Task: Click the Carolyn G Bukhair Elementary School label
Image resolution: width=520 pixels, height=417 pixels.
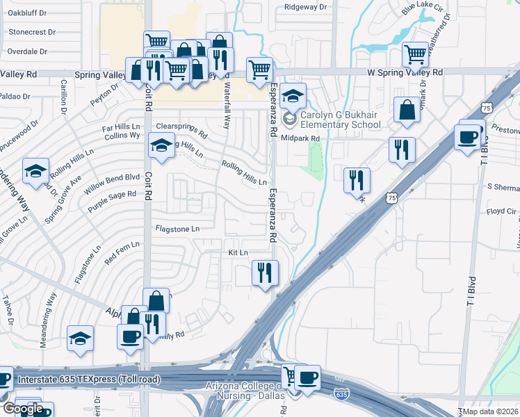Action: (x=341, y=120)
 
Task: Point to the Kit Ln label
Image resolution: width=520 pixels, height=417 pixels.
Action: (x=238, y=252)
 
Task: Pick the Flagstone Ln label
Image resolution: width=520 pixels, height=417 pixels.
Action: (x=177, y=228)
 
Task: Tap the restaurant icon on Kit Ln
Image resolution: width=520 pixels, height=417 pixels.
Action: (x=264, y=273)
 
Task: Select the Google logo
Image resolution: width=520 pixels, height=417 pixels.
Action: (x=22, y=409)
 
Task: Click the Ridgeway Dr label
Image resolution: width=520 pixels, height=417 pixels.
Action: (x=305, y=7)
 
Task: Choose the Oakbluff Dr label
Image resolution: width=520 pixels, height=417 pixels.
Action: (x=26, y=13)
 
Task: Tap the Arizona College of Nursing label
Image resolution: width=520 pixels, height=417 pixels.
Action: (x=243, y=391)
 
